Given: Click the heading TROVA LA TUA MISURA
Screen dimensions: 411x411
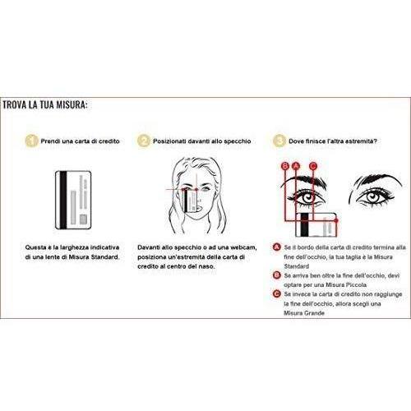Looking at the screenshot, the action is [x=45, y=105].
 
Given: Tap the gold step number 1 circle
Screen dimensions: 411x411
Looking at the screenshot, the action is [x=31, y=141].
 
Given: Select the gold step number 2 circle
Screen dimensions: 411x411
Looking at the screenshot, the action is [x=144, y=141].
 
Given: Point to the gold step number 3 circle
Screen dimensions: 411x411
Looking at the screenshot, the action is [x=279, y=141].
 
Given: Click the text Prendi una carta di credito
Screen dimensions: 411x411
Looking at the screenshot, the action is [x=80, y=141].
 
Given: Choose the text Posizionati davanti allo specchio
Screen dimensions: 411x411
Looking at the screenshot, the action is [x=202, y=141].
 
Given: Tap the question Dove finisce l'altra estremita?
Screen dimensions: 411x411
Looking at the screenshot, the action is [x=333, y=141].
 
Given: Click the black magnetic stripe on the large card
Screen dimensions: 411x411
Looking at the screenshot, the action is [x=63, y=200].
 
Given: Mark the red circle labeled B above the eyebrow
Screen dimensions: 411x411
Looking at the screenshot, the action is [x=285, y=166].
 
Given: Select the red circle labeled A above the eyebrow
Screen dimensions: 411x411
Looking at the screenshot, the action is [x=296, y=166].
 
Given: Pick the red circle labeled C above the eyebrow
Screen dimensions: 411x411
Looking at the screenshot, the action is [x=313, y=166].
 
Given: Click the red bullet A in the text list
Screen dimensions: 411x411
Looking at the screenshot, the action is [x=277, y=247].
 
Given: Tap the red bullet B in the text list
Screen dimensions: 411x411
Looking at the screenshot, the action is [x=277, y=275].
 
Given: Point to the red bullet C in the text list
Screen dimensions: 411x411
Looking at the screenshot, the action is [x=277, y=294].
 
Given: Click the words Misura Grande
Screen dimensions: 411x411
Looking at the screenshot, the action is [x=304, y=313].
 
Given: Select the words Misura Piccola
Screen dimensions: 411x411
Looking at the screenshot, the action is [x=346, y=285].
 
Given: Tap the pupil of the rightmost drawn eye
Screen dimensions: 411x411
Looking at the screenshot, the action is [x=372, y=196].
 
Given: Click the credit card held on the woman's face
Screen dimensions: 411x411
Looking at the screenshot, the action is [x=190, y=201].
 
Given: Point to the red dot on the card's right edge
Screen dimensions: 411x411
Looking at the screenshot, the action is [x=336, y=220].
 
